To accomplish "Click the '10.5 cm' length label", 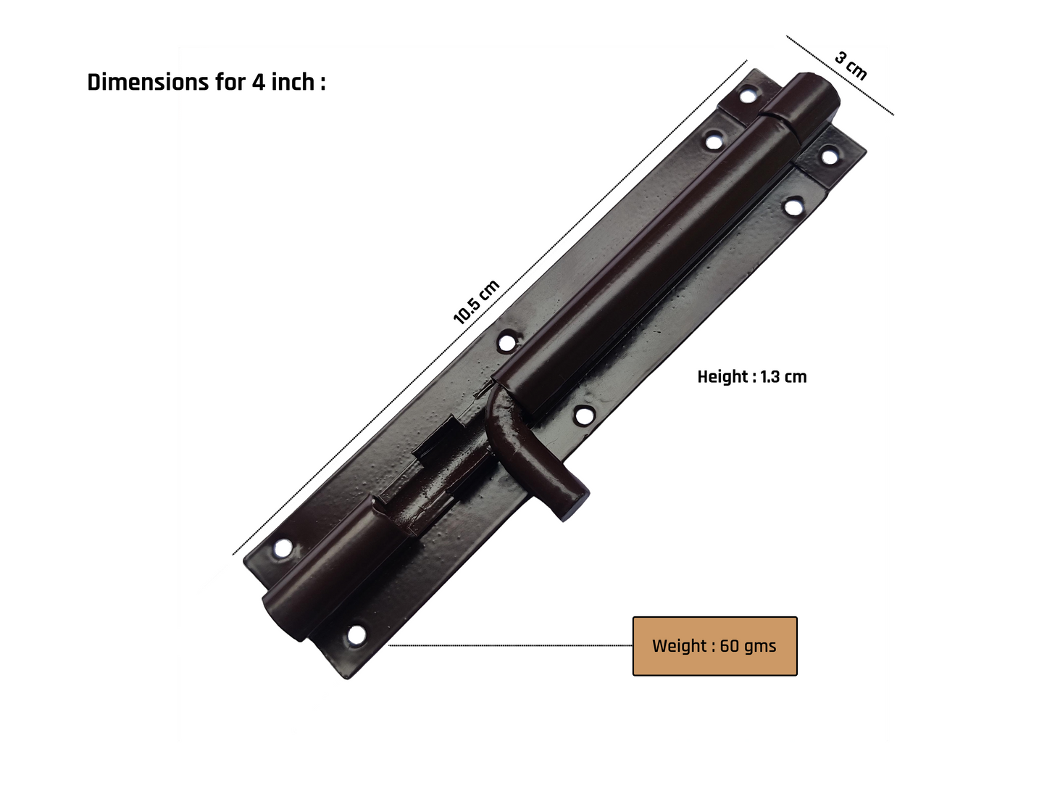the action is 475,302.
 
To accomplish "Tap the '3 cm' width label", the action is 851,66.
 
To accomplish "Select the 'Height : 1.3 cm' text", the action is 752,377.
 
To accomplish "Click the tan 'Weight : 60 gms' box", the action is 714,646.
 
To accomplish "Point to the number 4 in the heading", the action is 258,82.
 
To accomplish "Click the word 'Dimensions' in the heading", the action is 148,82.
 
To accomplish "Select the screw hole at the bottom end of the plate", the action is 356,635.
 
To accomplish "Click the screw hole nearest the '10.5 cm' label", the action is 506,342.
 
